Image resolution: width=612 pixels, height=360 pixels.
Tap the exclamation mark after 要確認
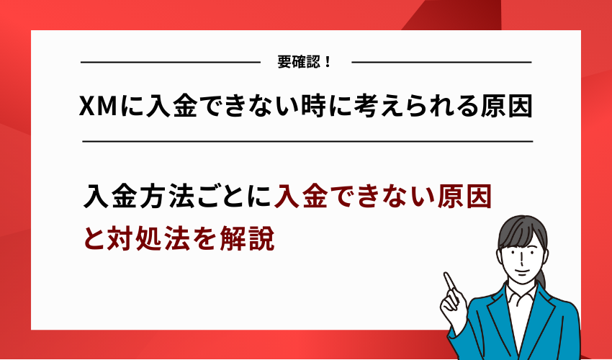(328, 62)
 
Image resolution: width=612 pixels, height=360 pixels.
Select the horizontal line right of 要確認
(441, 63)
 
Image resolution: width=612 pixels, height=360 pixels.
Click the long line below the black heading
(307, 142)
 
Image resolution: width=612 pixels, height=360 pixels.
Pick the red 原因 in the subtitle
(464, 197)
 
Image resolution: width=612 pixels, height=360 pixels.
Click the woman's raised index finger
(448, 279)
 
